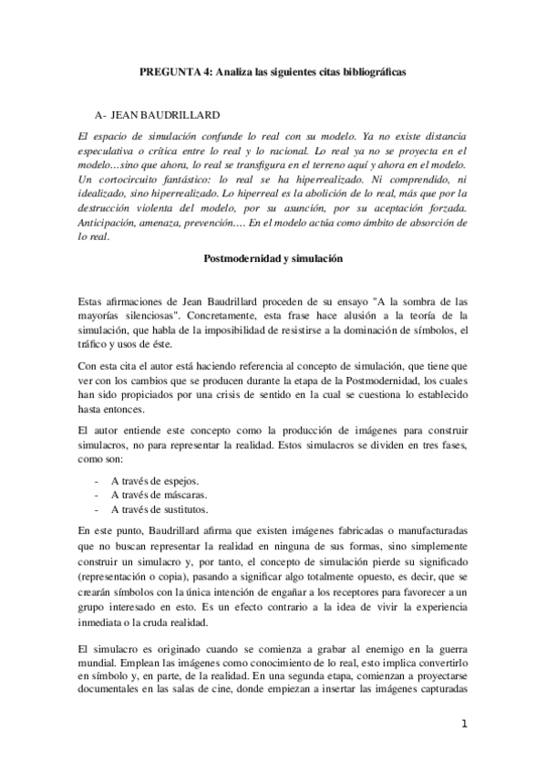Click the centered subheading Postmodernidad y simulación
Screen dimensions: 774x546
pos(273,258)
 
